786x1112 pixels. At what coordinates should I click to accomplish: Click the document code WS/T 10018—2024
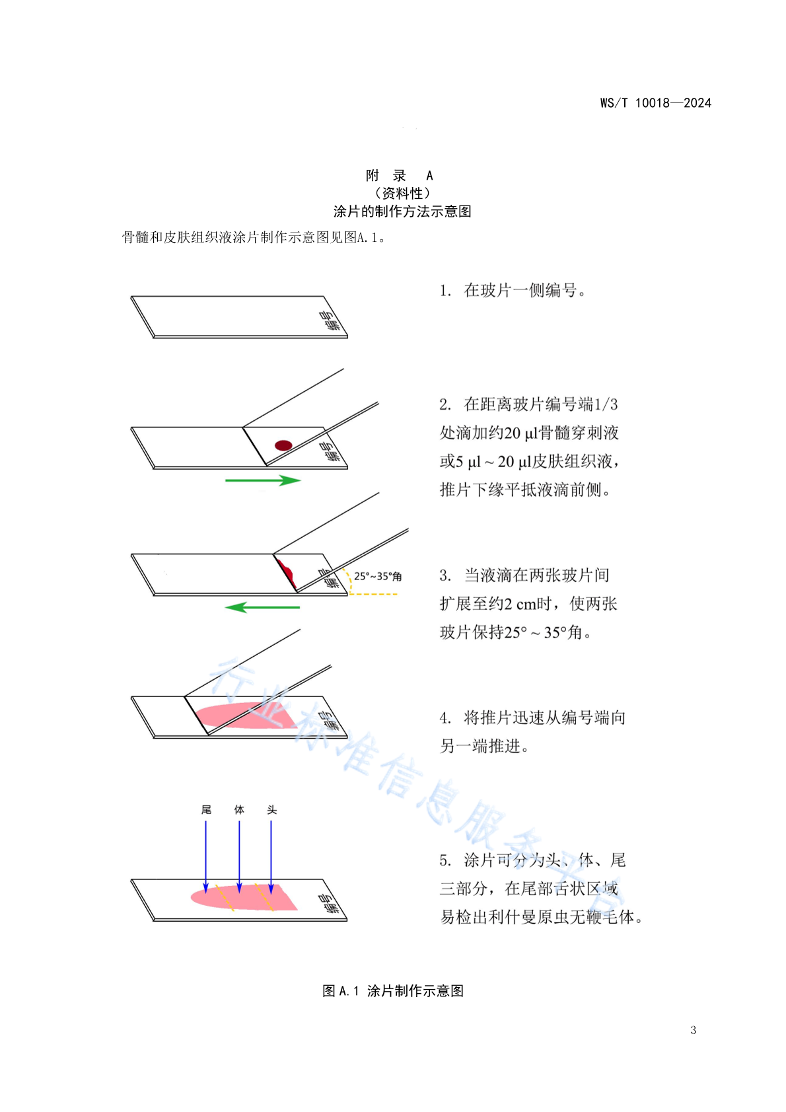pyautogui.click(x=655, y=103)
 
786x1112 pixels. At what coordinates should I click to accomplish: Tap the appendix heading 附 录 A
pyautogui.click(x=400, y=175)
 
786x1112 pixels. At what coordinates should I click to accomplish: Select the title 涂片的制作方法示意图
pyautogui.click(x=402, y=211)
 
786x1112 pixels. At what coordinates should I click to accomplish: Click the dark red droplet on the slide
pyautogui.click(x=283, y=445)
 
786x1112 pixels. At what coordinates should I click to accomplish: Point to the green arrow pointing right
pyautogui.click(x=263, y=480)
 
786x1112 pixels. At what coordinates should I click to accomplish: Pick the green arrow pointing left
pyautogui.click(x=262, y=607)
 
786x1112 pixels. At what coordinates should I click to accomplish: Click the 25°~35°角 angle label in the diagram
pyautogui.click(x=378, y=576)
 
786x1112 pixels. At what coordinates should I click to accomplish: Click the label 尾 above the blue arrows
pyautogui.click(x=206, y=809)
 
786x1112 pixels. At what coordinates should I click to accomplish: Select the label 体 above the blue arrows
pyautogui.click(x=239, y=809)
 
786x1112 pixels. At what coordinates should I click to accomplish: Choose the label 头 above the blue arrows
pyautogui.click(x=271, y=809)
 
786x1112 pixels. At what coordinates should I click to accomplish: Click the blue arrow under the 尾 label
pyautogui.click(x=206, y=857)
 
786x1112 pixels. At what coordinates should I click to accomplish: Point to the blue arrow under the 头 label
pyautogui.click(x=271, y=857)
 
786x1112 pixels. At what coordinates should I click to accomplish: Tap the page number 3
pyautogui.click(x=694, y=1030)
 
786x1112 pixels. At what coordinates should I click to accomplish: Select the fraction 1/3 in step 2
pyautogui.click(x=606, y=404)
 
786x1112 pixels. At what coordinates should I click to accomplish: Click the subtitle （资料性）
pyautogui.click(x=402, y=193)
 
